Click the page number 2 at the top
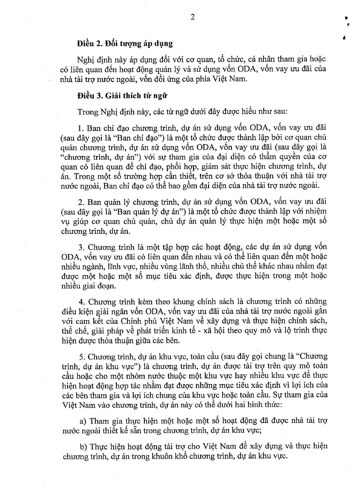[193, 17]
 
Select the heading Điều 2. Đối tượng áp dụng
[125, 43]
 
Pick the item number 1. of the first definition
[81, 128]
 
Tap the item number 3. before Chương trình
[81, 248]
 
